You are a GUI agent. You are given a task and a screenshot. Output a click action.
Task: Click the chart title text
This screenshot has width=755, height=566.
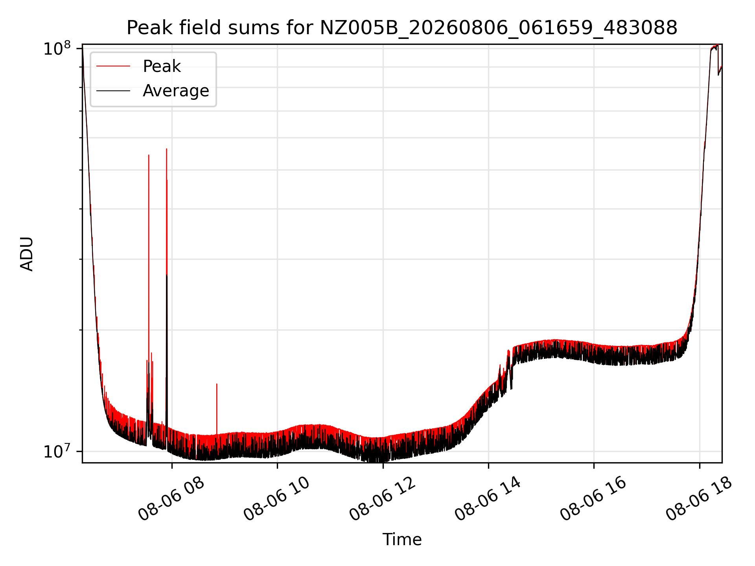(402, 28)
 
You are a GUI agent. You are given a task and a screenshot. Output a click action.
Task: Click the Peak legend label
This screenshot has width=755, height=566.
(162, 66)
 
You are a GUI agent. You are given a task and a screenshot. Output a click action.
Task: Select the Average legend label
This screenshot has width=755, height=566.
(176, 91)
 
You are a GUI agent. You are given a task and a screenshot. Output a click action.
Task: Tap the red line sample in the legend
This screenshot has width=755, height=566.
(113, 66)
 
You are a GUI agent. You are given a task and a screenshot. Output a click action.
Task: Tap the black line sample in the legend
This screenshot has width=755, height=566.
(113, 91)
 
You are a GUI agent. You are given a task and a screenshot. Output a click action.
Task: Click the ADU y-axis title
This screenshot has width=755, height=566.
(27, 254)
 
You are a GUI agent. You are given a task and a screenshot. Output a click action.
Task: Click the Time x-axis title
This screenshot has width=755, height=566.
(402, 540)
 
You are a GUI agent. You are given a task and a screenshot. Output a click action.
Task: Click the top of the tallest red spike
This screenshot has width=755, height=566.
(166, 149)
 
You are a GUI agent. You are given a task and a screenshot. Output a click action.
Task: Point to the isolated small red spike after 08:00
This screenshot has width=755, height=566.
(217, 384)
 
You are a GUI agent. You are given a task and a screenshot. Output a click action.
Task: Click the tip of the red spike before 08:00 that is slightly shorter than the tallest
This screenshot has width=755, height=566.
(149, 155)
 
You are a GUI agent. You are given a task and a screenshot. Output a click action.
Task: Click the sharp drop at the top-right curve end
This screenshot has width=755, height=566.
(718, 59)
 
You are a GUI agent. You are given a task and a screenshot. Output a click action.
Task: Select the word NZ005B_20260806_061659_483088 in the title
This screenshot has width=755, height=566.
(499, 28)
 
